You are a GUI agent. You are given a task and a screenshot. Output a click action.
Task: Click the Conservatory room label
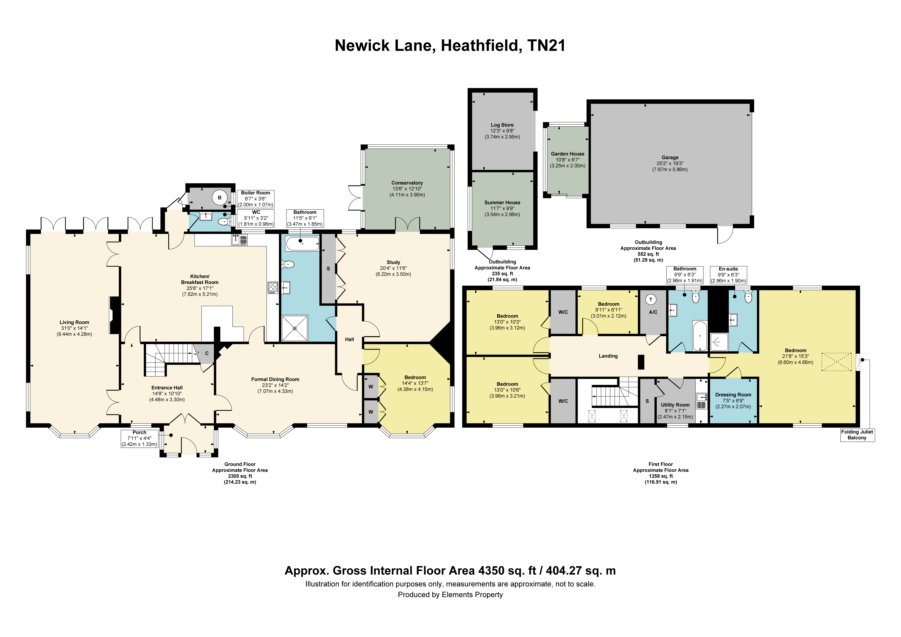click(407, 183)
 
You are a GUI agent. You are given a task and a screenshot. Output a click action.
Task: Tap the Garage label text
click(670, 158)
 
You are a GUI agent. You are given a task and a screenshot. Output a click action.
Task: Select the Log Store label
click(502, 125)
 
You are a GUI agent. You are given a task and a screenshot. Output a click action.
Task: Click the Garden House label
click(567, 154)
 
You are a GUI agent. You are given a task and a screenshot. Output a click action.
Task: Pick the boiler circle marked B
click(220, 198)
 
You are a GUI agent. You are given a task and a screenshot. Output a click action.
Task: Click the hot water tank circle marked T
click(651, 300)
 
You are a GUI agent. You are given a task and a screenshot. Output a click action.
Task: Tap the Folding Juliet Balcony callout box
click(857, 435)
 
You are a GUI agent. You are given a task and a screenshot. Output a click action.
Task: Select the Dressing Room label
click(733, 395)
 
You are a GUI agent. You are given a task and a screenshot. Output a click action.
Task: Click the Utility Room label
click(675, 405)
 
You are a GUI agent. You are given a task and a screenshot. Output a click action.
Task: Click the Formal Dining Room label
click(275, 379)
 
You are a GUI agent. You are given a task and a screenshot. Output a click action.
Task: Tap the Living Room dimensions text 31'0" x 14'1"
click(74, 328)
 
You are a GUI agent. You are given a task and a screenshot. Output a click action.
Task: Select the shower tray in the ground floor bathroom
click(295, 328)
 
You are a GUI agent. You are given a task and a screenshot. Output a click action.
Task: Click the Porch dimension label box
click(139, 438)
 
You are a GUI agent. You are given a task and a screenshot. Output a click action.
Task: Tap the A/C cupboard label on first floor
click(653, 312)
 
